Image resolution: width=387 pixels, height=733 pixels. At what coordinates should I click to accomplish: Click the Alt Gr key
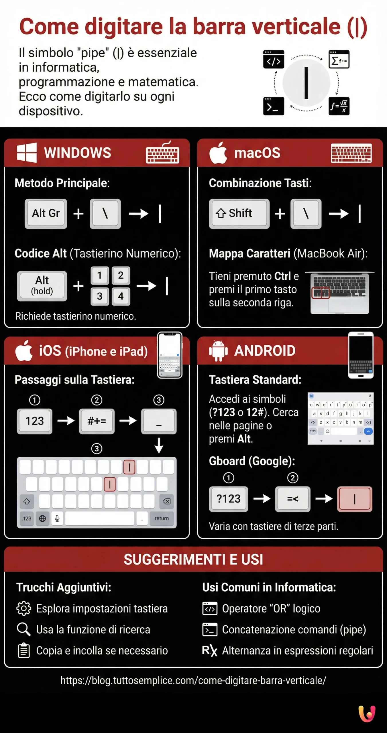pos(46,214)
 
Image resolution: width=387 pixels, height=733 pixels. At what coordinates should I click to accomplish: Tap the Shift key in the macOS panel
pos(239,214)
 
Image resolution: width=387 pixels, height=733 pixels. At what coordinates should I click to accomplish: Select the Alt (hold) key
pos(42,286)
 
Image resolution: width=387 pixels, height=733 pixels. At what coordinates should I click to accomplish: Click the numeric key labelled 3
pos(100,296)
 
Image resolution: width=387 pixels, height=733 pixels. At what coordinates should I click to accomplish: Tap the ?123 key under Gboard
pos(228,499)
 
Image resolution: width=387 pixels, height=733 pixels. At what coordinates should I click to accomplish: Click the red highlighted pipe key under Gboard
pos(355,499)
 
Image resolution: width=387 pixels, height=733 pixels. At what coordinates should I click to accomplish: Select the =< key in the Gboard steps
pos(292,499)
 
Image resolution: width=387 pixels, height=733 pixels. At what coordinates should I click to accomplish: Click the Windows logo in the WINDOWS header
pos(27,153)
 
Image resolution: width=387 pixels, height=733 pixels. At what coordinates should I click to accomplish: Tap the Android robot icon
pos(218,351)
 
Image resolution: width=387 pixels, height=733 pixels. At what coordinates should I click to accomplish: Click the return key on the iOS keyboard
pos(162,518)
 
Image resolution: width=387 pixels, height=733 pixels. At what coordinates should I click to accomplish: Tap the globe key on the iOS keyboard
pos(42,518)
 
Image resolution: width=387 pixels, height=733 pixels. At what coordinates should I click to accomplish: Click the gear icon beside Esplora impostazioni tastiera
pos(23,608)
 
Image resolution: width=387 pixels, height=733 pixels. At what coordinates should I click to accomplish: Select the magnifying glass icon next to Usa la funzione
pos(23,629)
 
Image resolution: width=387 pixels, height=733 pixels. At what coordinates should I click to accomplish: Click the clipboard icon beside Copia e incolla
pos(23,651)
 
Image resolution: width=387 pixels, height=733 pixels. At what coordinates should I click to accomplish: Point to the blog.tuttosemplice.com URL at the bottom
pos(193,680)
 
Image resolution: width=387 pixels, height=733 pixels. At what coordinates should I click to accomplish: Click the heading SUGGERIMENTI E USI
pos(193,559)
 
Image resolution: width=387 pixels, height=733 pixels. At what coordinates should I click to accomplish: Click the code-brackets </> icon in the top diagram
pos(274,59)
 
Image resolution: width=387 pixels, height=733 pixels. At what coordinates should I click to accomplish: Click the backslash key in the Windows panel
pos(105,214)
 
